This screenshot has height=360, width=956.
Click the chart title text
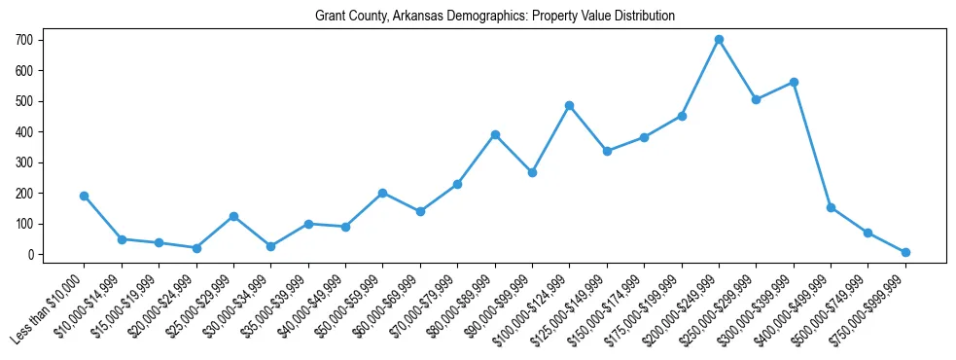pos(495,17)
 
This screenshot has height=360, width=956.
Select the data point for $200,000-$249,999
pos(719,40)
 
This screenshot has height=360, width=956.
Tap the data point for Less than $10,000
pos(85,196)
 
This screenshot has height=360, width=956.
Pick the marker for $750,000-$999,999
pos(905,252)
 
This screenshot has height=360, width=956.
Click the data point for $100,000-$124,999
pos(570,105)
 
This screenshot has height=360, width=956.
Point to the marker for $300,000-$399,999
pos(794,82)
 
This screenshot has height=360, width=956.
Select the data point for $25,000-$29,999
pos(233,216)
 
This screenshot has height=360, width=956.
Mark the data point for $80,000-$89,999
pos(495,134)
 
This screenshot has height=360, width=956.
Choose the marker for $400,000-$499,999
pos(831,207)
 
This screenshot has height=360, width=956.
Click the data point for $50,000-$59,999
pos(383,193)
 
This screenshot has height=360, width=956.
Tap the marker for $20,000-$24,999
pos(196,248)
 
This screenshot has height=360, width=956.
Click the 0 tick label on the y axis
pos(32,255)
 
